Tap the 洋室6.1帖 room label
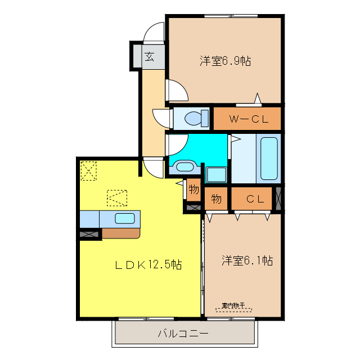[247, 260]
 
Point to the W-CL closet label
[247, 119]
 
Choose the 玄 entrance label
[149, 56]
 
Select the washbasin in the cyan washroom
[184, 165]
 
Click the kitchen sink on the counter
[124, 218]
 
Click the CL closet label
[255, 199]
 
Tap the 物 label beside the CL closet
[217, 199]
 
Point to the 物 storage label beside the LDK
[193, 190]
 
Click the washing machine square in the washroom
[215, 174]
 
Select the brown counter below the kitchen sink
[120, 232]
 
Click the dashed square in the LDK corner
[89, 170]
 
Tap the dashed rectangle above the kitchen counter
[117, 197]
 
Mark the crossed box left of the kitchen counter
[89, 233]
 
